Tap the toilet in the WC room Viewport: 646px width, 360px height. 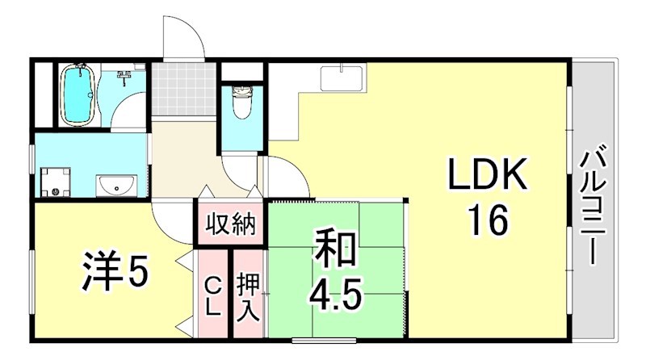[240, 103]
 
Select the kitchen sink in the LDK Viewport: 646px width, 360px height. [342, 78]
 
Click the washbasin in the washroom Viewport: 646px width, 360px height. [118, 186]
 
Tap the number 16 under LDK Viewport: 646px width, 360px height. [486, 219]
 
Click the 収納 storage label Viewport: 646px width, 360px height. [229, 224]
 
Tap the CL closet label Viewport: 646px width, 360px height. [213, 295]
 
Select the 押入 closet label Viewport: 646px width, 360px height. [248, 296]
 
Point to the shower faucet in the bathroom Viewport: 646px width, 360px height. [124, 77]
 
